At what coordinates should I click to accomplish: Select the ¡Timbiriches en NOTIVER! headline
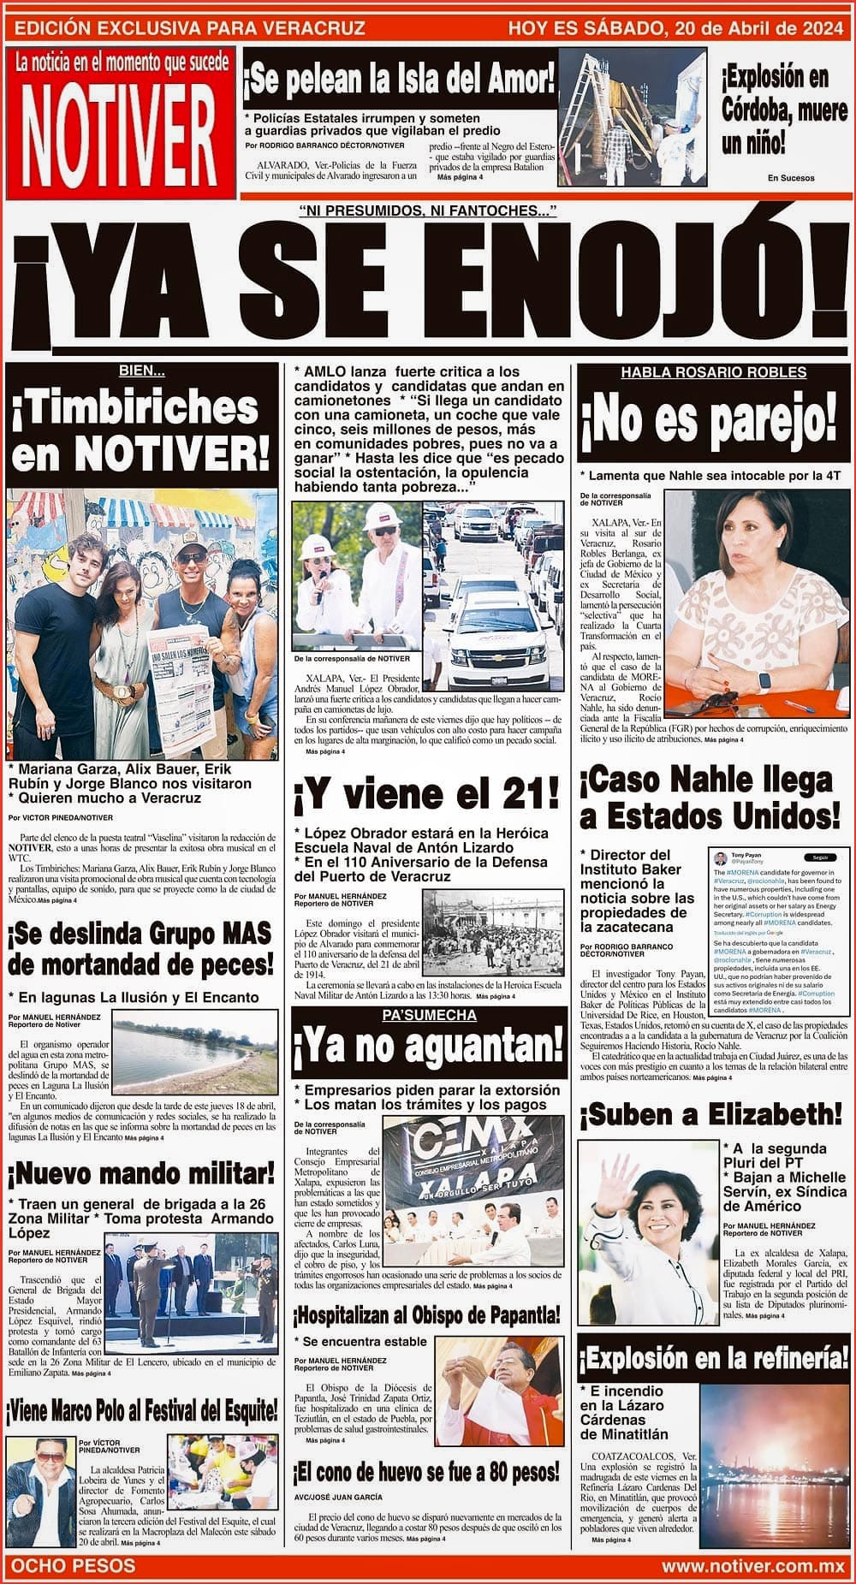(140, 431)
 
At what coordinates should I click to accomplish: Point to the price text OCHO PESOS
(70, 1565)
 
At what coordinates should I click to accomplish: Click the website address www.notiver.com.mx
(752, 1566)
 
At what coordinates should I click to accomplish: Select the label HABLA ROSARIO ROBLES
(713, 372)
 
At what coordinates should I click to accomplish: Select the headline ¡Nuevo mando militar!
(142, 1172)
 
